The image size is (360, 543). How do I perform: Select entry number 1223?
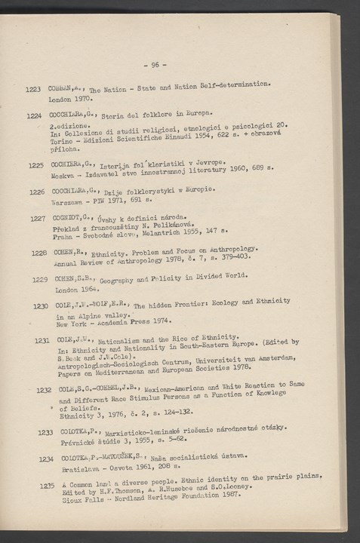point(32,90)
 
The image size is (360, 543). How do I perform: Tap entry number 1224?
point(33,117)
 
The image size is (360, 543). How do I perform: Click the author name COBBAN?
point(63,89)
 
